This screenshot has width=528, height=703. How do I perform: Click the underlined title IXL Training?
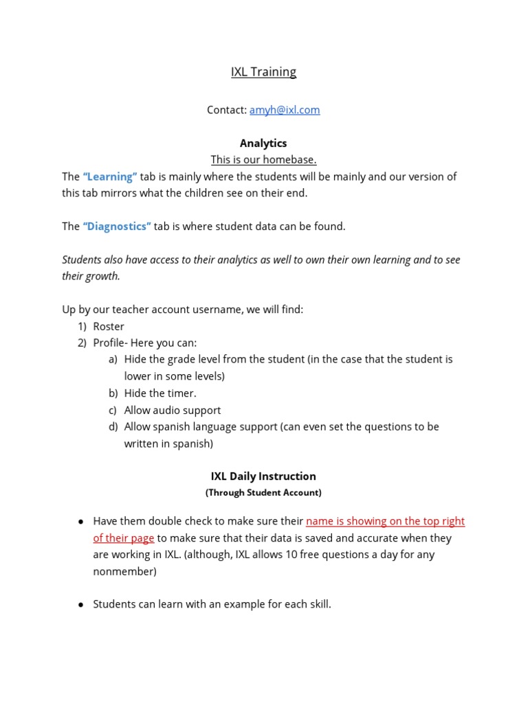point(263,72)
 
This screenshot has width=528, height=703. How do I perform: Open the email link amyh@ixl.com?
point(285,110)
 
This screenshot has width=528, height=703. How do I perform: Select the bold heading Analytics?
point(263,143)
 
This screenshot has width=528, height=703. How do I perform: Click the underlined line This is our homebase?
point(263,160)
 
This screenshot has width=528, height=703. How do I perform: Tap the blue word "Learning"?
point(110,176)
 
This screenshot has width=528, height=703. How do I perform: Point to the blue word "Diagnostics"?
point(117,227)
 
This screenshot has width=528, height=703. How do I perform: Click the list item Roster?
point(109,327)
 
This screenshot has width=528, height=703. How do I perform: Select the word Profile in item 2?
point(108,343)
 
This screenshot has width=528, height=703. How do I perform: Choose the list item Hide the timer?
point(160,393)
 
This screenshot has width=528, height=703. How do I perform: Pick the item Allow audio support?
point(173,410)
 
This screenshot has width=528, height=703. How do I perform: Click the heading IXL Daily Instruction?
point(263,476)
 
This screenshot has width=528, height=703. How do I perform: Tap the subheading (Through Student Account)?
point(263,492)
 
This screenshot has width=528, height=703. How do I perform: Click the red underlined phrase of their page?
point(124,538)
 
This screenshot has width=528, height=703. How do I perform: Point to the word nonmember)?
point(124,571)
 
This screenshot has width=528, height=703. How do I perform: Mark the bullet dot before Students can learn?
point(80,605)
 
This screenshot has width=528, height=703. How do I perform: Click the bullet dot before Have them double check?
point(80,522)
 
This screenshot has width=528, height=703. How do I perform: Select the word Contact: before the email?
point(227,110)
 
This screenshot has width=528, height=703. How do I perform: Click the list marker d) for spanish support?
point(113,427)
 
